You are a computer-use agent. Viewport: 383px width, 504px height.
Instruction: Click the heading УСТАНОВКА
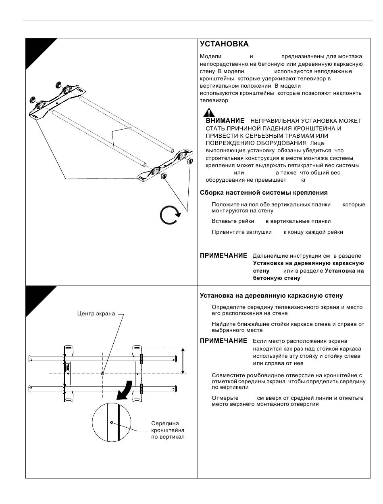click(x=224, y=44)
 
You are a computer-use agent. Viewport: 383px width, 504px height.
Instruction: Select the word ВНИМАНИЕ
click(x=225, y=121)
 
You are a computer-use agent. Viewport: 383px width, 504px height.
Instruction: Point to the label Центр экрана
click(x=96, y=314)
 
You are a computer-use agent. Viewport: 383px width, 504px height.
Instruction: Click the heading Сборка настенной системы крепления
click(x=264, y=193)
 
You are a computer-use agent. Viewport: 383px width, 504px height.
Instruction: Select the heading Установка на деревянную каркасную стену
click(x=271, y=296)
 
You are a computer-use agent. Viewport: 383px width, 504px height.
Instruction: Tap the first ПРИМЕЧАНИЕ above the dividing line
click(x=223, y=256)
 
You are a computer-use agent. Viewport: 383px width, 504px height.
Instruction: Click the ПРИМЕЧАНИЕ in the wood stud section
click(x=223, y=341)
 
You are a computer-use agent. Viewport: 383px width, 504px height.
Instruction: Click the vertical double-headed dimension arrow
click(x=183, y=360)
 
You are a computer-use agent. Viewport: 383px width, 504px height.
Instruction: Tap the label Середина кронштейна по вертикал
click(x=168, y=430)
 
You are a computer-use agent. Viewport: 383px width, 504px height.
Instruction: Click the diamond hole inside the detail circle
click(x=112, y=422)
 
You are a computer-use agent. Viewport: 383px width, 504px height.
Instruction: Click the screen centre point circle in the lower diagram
click(x=102, y=374)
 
